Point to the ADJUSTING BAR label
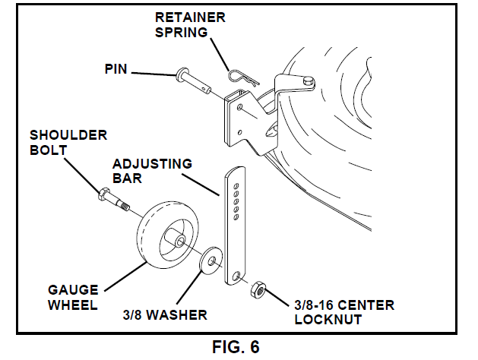(x=152, y=171)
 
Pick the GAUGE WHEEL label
(x=74, y=298)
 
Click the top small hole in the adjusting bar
(x=236, y=183)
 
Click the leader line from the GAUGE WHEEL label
(x=125, y=276)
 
